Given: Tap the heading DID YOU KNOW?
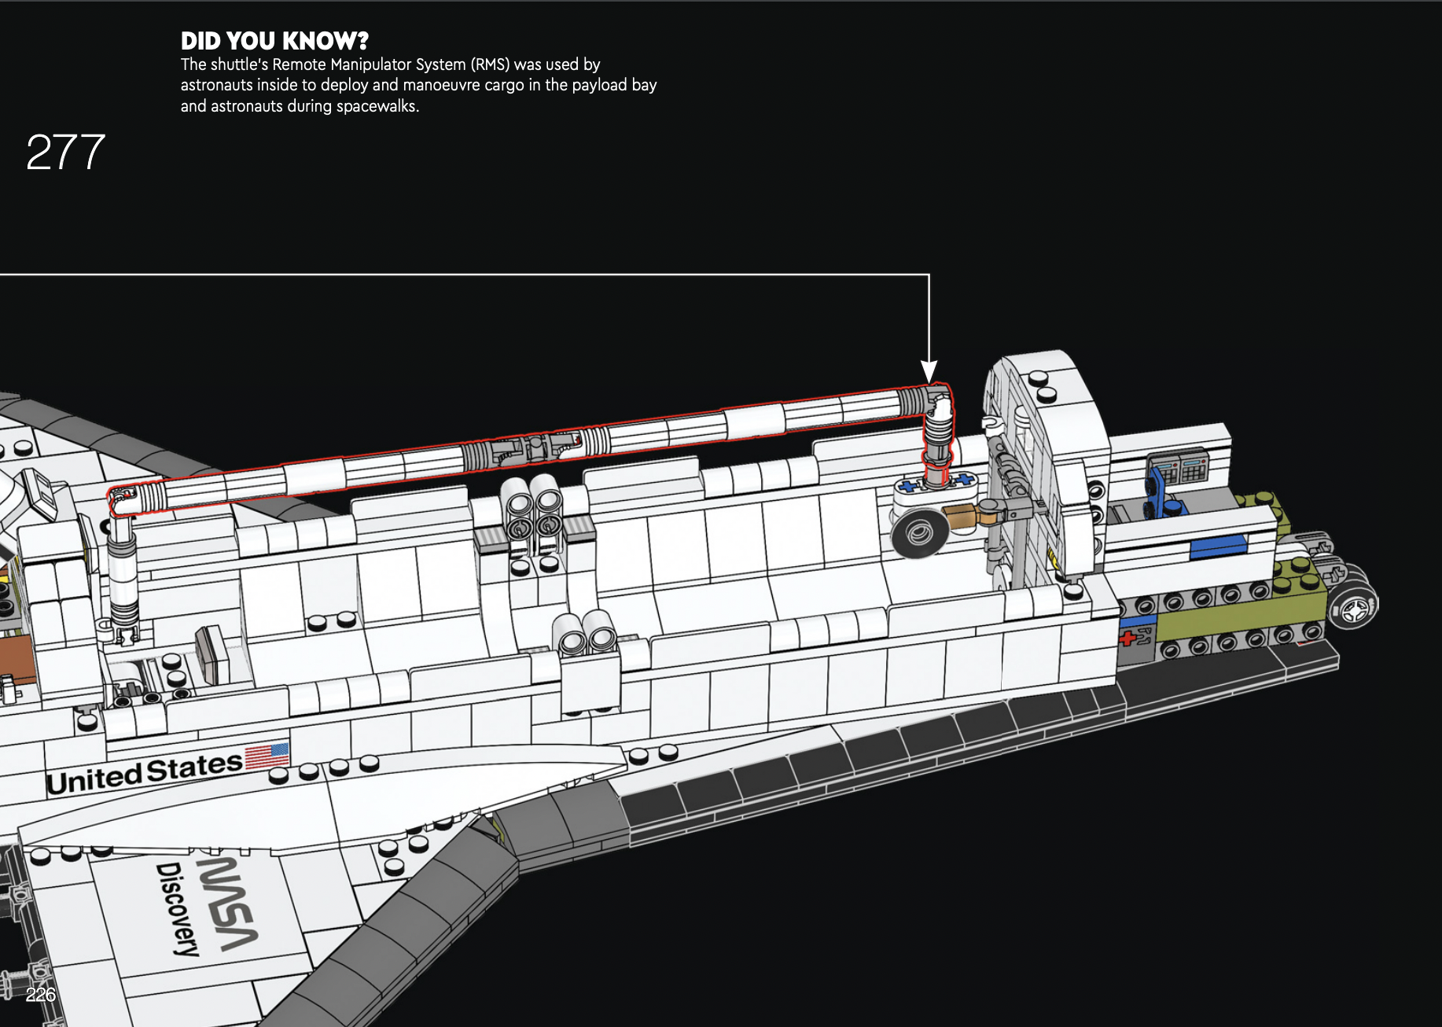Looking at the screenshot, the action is point(274,41).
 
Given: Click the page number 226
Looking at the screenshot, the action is point(40,995).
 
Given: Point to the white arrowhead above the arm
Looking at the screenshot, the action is point(929,370).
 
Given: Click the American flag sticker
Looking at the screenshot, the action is point(267,755).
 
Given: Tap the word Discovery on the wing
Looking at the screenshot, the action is point(178,908).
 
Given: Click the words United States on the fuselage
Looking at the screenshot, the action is point(145,772).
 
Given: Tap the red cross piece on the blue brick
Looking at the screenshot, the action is point(1127,638).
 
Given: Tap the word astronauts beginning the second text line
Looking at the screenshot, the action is point(217,85).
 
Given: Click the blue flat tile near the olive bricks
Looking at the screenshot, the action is point(1218,546).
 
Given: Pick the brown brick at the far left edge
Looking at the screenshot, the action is point(17,659).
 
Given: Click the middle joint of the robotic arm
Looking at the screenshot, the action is point(535,449).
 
